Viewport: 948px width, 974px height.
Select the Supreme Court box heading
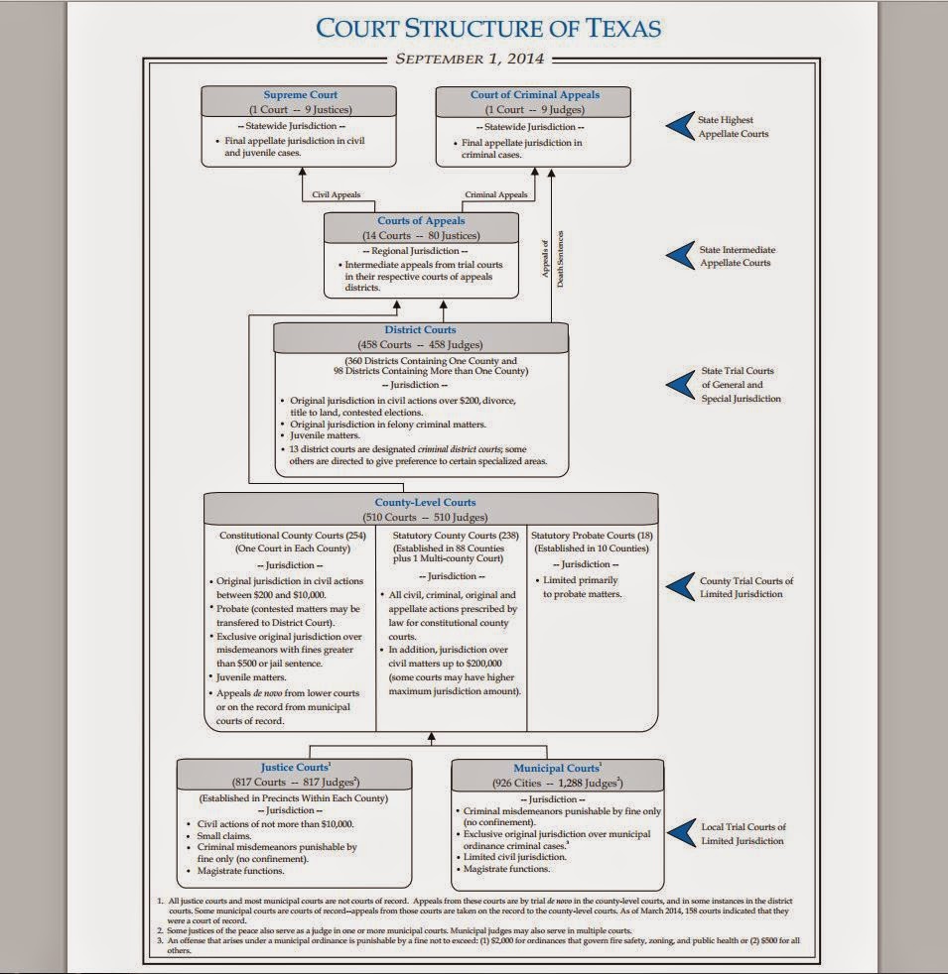(300, 95)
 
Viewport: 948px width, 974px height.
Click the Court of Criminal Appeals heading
(534, 95)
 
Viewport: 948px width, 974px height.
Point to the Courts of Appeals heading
(421, 221)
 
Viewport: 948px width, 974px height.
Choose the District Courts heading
(420, 330)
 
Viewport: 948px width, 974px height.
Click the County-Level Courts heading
(432, 503)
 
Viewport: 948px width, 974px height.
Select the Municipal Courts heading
(557, 768)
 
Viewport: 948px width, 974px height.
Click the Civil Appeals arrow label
(337, 195)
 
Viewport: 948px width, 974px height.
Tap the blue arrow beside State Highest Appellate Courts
(678, 126)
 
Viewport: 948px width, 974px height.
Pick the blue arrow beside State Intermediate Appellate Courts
(678, 256)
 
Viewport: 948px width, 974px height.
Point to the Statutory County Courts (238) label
(451, 537)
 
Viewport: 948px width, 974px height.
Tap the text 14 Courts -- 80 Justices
(421, 236)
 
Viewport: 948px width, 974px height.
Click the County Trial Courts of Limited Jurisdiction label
(746, 587)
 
